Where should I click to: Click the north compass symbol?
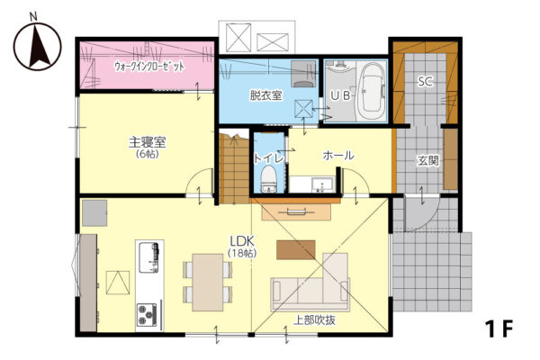coord(37,46)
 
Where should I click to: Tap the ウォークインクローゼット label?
coord(149,66)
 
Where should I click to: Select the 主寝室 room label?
coord(148,142)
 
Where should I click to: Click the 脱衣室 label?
coord(265,95)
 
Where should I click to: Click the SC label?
coord(426,82)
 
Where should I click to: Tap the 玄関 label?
coord(428,160)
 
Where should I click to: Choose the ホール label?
coord(338,156)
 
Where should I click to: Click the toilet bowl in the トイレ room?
coord(269,179)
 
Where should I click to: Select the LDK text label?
coord(242,240)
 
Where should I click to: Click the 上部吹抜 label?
coord(314,320)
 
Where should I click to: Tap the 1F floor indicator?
coord(499,329)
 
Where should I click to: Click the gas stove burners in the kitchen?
coord(147,315)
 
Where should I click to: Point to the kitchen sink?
coord(148,257)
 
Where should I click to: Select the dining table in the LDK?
coord(207,283)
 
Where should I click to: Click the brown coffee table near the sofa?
coord(296,250)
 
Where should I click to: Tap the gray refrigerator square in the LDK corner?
coord(94,213)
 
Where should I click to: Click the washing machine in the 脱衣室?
coord(303,74)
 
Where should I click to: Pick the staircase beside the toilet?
coord(235,168)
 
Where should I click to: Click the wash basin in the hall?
coord(322,185)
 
